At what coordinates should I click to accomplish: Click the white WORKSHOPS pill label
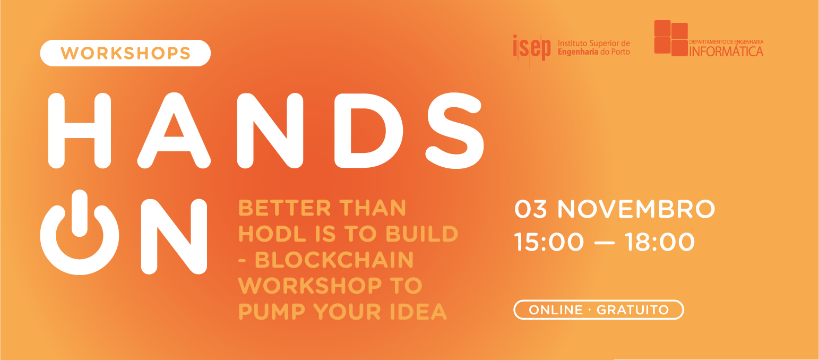pyautogui.click(x=125, y=53)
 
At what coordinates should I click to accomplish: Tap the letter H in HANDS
pyautogui.click(x=80, y=130)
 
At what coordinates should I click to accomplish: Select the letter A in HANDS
pyautogui.click(x=174, y=131)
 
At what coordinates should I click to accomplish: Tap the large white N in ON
pyautogui.click(x=174, y=236)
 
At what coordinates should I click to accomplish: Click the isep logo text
pyautogui.click(x=532, y=48)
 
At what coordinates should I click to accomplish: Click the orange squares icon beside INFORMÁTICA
pyautogui.click(x=671, y=38)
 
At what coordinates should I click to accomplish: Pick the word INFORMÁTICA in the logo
pyautogui.click(x=726, y=52)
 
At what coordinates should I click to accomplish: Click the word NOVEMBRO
pyautogui.click(x=635, y=209)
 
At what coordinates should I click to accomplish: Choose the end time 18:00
pyautogui.click(x=659, y=242)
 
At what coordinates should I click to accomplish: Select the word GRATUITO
pyautogui.click(x=633, y=310)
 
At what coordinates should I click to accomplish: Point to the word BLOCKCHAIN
pyautogui.click(x=334, y=260)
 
